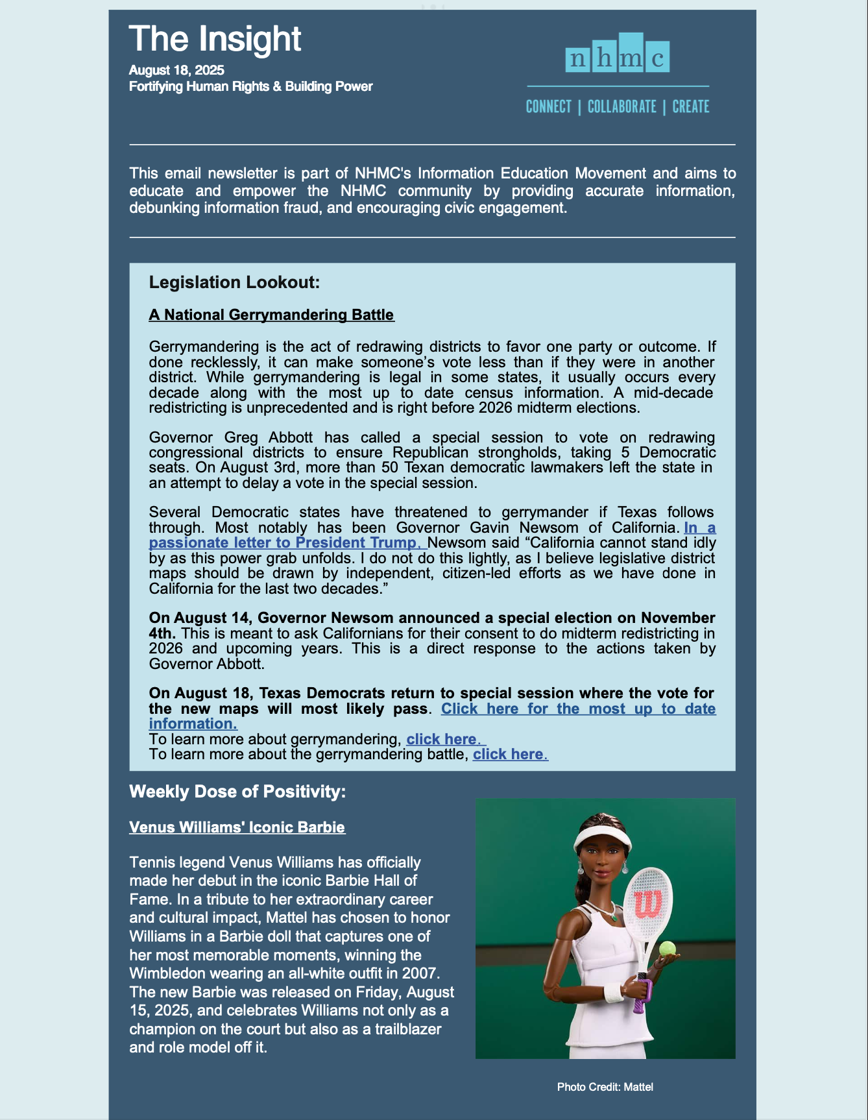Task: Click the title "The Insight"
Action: (x=215, y=39)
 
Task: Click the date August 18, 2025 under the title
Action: (x=176, y=70)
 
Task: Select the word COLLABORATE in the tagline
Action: (x=621, y=107)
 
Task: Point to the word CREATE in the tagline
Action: (x=690, y=107)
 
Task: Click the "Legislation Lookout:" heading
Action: (x=234, y=282)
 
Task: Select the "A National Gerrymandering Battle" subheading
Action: (x=271, y=315)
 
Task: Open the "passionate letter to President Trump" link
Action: (x=285, y=543)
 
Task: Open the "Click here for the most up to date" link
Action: (x=577, y=709)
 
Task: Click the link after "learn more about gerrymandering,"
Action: (x=445, y=739)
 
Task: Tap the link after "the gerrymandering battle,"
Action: (x=510, y=754)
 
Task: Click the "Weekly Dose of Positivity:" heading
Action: (x=237, y=792)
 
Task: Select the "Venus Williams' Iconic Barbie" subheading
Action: (x=237, y=827)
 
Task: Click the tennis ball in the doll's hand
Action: (x=668, y=949)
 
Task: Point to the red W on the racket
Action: (x=647, y=904)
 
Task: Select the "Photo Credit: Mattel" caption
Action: (x=605, y=1087)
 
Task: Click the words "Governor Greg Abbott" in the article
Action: (x=231, y=437)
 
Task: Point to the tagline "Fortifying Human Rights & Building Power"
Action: (x=250, y=86)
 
